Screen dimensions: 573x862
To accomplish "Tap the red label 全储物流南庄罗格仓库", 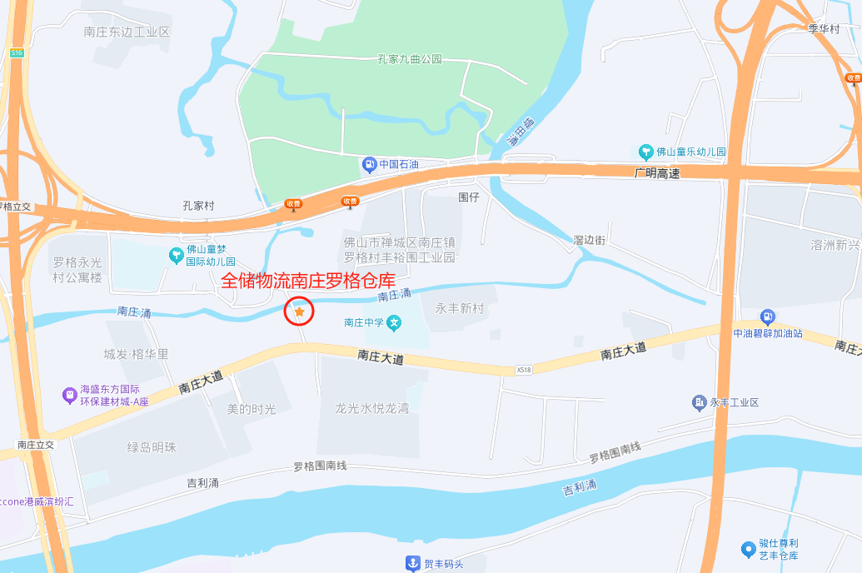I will pos(308,281).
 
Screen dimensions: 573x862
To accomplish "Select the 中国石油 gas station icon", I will pos(369,164).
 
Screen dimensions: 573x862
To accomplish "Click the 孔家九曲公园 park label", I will pos(409,59).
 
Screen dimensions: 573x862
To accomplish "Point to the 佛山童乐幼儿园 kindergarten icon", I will pos(645,152).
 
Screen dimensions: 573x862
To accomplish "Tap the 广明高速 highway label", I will pos(656,173).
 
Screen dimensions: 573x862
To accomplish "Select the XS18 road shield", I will pos(523,370).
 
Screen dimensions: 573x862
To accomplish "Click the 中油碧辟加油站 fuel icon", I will pos(767,316).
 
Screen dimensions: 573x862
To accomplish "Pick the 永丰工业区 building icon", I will pos(699,403).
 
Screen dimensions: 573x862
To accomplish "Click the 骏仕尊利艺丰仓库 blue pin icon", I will pos(748,549).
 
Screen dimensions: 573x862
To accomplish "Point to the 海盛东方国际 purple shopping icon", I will pos(69,395).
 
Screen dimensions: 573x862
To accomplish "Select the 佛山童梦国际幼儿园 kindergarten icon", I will pos(176,255).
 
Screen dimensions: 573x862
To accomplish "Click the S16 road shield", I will pos(17,52).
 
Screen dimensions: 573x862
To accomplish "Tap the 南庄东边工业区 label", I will pos(127,32).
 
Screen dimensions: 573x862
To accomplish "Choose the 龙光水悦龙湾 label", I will pos(371,408).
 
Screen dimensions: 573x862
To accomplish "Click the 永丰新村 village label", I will pos(459,307).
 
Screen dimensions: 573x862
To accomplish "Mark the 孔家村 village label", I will pos(198,205).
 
